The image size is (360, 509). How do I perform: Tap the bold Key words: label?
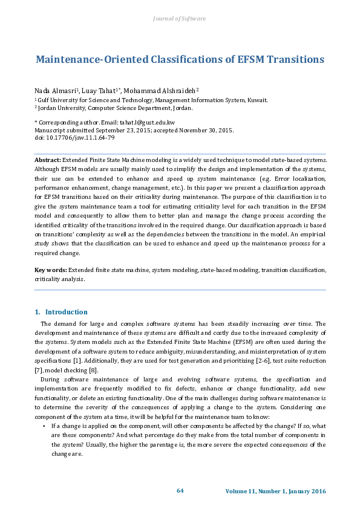(50, 270)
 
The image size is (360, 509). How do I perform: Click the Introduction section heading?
(67, 312)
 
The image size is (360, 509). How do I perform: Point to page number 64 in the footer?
(180, 490)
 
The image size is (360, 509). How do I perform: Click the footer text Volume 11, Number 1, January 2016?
(275, 491)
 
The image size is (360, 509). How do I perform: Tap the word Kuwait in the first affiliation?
(258, 100)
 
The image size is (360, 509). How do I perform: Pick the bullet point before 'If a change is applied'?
(44, 426)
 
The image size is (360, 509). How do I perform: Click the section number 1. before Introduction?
(38, 312)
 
